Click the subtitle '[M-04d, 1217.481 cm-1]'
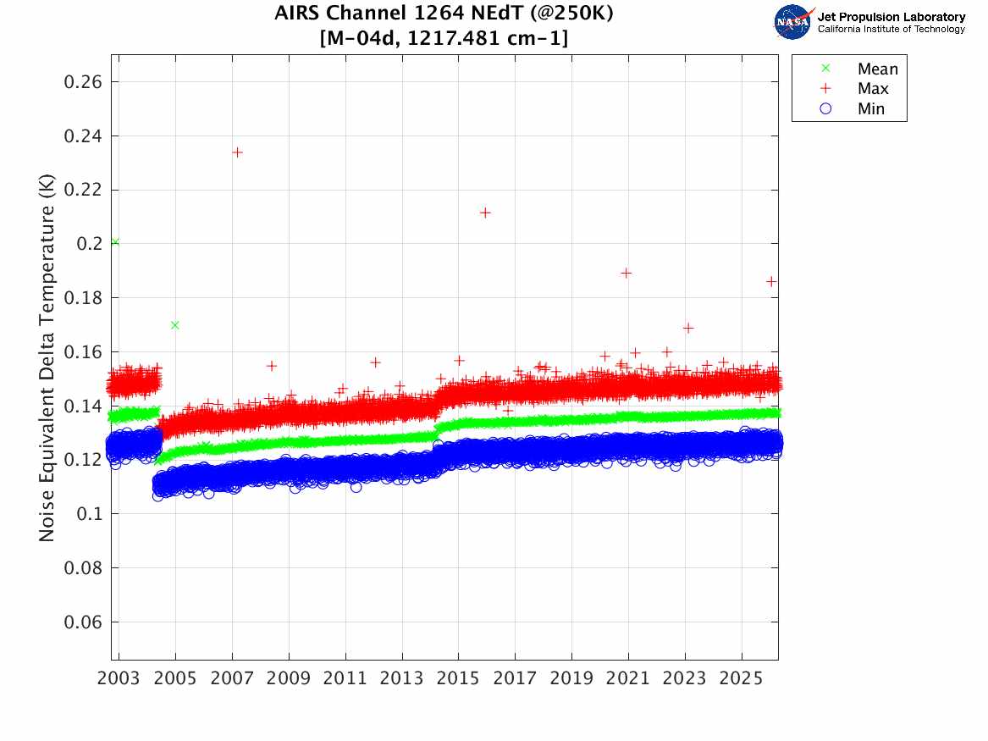click(x=444, y=38)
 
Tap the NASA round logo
click(x=792, y=22)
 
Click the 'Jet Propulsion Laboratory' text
click(x=891, y=17)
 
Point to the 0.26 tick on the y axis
click(x=83, y=82)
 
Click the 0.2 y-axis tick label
click(x=89, y=244)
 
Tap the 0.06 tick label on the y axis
click(x=83, y=622)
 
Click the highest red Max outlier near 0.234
click(x=238, y=152)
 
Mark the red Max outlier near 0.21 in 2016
click(x=485, y=213)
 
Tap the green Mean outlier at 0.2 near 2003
click(x=115, y=242)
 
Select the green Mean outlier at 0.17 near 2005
click(x=174, y=325)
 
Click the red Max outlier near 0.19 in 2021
click(x=626, y=273)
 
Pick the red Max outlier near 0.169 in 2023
click(x=688, y=328)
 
